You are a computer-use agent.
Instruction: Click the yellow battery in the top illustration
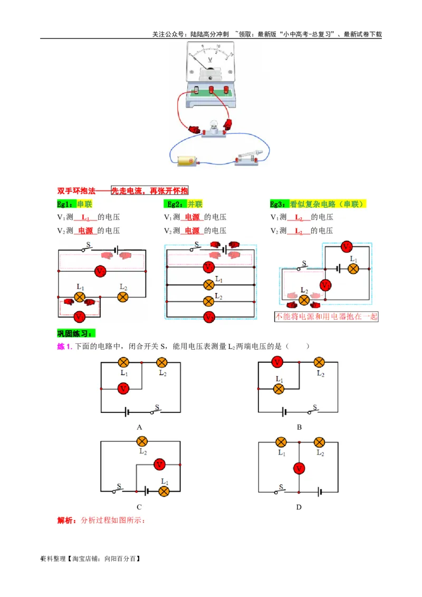[187, 161]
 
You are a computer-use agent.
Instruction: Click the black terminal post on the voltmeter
[196, 90]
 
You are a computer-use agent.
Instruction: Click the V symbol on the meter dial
[210, 60]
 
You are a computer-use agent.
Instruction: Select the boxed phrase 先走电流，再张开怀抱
[149, 191]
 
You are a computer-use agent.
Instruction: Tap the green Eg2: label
[175, 204]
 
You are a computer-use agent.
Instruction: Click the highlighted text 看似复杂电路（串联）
[328, 204]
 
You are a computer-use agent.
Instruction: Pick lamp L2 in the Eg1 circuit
[122, 297]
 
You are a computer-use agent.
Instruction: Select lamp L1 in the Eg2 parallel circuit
[209, 284]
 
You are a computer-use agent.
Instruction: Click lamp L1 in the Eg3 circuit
[353, 268]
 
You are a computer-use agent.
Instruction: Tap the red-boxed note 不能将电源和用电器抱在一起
[327, 317]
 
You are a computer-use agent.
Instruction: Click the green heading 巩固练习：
[76, 333]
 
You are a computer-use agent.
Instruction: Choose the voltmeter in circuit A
[123, 389]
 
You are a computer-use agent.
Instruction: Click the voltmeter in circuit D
[299, 468]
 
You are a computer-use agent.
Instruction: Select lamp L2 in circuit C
[141, 441]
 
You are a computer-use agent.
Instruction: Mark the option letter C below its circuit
[139, 507]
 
